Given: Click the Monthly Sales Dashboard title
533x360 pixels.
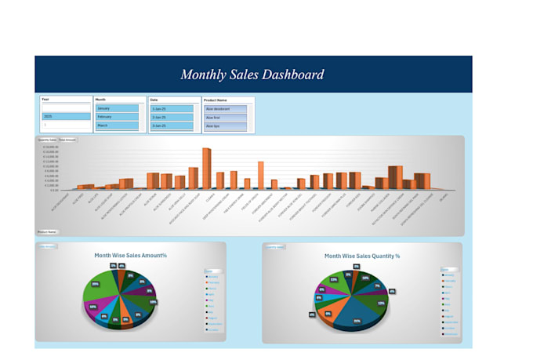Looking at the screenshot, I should (252, 75).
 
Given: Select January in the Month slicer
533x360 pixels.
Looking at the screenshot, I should (117, 109).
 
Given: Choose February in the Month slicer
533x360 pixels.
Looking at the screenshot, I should (117, 117).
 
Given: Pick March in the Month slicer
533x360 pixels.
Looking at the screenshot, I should (117, 125).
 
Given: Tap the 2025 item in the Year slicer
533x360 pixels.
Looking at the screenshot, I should (66, 116).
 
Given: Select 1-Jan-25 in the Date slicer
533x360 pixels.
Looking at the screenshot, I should (171, 109).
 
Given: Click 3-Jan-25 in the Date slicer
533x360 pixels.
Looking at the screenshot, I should (171, 125).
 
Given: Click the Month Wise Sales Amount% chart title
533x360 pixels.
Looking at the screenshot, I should (130, 256).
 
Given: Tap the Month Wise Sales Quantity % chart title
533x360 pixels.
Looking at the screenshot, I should (362, 256).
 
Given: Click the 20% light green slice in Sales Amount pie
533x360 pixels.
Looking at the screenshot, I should (100, 286).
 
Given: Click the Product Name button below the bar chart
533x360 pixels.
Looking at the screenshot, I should (47, 232).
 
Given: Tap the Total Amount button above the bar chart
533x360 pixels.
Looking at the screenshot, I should (67, 140).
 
